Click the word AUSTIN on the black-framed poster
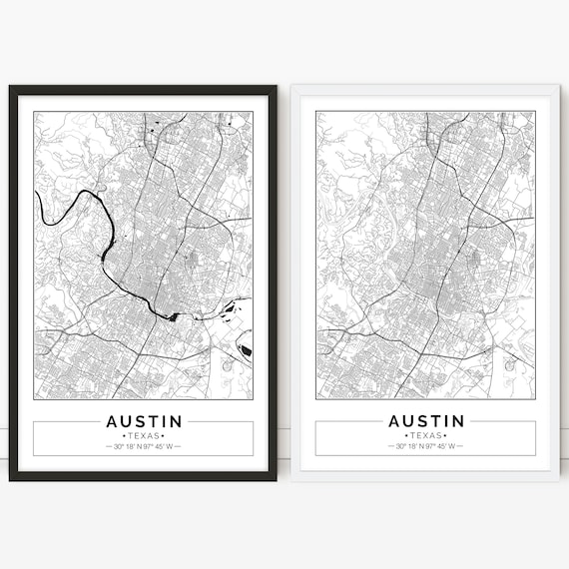(x=144, y=421)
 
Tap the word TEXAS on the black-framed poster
(x=144, y=436)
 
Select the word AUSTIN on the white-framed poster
(x=426, y=421)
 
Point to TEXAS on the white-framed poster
(x=426, y=436)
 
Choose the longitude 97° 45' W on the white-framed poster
(x=441, y=446)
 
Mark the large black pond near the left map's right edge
(x=245, y=350)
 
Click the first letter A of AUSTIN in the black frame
(x=111, y=421)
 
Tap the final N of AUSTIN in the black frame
(x=176, y=421)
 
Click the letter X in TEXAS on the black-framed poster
(x=144, y=436)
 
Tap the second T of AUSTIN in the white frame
(x=432, y=421)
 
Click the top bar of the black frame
(x=144, y=90)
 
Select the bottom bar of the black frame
(x=144, y=476)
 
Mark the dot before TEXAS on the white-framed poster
(x=405, y=436)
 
